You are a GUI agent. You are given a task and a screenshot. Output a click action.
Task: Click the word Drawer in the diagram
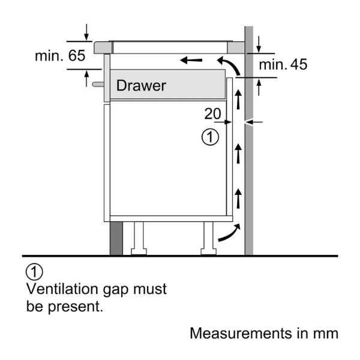click(141, 86)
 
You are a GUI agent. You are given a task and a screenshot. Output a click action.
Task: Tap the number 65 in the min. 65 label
click(76, 56)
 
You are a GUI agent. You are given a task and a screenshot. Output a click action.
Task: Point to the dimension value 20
click(212, 113)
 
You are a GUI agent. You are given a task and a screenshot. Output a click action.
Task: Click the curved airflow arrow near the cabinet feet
click(229, 233)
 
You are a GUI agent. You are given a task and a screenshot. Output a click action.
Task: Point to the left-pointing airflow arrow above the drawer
click(191, 60)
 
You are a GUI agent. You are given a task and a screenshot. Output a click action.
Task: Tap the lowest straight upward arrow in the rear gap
click(238, 197)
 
